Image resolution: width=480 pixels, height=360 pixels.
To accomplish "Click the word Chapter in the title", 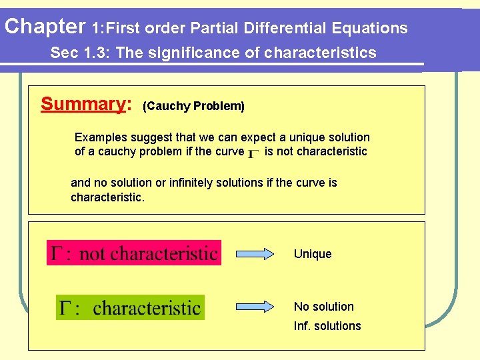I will pos(43,27).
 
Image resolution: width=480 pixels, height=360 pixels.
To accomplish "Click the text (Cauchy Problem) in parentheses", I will pos(194,106).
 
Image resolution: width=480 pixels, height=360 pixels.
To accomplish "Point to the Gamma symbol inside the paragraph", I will pos(254,153).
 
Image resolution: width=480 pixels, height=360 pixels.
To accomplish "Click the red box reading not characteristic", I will pos(133,253).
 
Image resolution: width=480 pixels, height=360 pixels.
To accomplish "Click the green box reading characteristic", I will pos(130,307).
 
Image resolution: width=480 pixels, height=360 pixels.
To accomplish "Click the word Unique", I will pos(313,254).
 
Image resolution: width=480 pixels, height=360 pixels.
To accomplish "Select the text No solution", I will pos(324,307).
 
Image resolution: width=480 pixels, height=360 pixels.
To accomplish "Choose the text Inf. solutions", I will pos(327,326).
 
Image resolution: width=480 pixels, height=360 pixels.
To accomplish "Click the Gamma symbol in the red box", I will pos(58,253).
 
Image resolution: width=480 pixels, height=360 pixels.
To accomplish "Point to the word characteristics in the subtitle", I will pos(320,53).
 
